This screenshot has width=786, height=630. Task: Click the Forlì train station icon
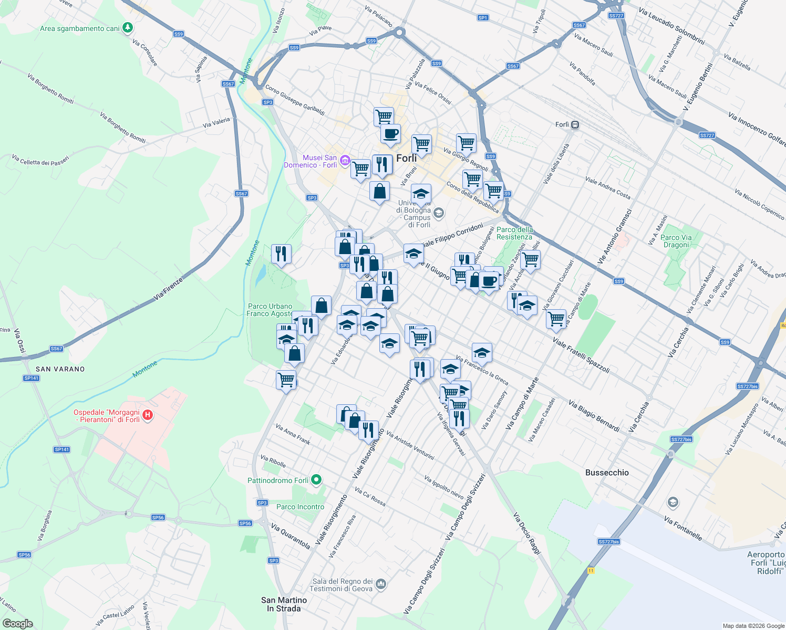pos(575,125)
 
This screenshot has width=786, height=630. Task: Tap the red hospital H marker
pos(148,415)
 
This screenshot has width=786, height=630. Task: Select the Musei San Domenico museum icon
pos(345,160)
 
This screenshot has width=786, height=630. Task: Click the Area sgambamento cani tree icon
pos(128,28)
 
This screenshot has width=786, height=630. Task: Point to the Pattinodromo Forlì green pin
pos(316,480)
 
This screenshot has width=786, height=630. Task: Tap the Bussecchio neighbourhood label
pos(607,472)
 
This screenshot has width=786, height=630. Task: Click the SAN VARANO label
pos(60,369)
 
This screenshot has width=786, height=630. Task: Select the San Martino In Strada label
pos(284,604)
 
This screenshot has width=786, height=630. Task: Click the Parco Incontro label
pos(301,507)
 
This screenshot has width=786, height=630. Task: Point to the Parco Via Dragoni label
pos(676,241)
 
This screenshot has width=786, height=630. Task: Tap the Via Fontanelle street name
pos(682,528)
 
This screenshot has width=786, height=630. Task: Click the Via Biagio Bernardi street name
pos(594,416)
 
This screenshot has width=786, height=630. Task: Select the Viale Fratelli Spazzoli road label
pos(581,356)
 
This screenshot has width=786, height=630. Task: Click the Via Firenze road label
pos(168,289)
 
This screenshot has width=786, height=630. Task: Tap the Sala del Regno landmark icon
pos(381,584)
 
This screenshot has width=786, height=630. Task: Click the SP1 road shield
pos(483,18)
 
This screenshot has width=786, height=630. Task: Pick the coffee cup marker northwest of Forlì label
pos(390,133)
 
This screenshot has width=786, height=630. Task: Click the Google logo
pos(18,624)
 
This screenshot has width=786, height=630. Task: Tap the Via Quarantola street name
pos(291,536)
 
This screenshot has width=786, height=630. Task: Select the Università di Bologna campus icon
pos(439,213)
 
